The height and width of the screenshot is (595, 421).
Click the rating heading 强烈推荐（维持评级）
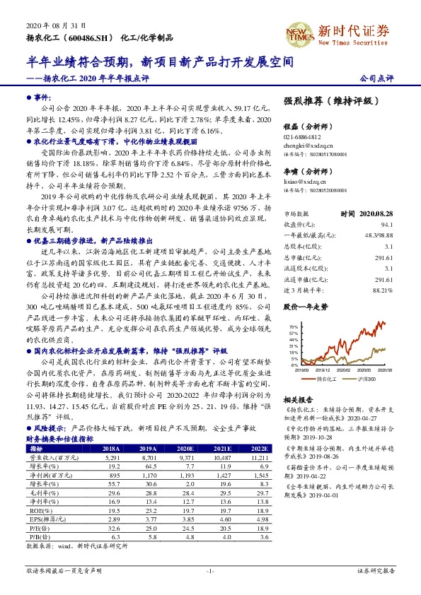(x=326, y=102)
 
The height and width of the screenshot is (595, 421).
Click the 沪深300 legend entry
(x=369, y=379)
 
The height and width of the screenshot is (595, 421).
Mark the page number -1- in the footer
(x=210, y=570)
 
